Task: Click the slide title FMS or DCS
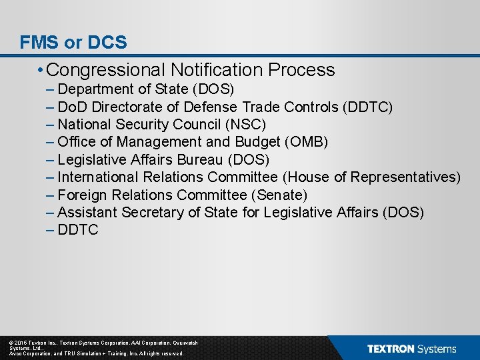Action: point(73,43)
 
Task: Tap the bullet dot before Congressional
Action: point(41,70)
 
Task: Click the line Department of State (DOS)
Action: point(145,89)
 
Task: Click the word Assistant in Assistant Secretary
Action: point(87,213)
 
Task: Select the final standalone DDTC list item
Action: point(78,230)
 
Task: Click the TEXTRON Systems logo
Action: point(411,349)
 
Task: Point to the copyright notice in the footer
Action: point(97,348)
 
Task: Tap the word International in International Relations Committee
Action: point(98,177)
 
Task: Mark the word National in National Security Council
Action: point(83,125)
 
